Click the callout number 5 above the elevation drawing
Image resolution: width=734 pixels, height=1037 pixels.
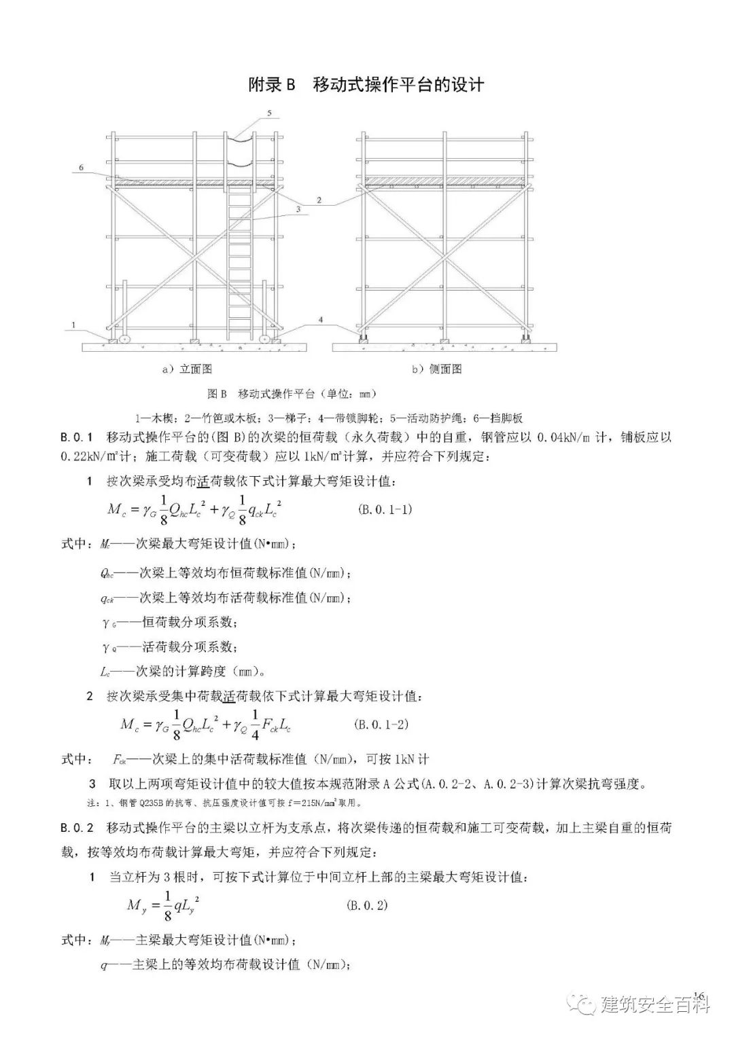[270, 112]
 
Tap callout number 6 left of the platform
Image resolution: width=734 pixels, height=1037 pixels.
[82, 167]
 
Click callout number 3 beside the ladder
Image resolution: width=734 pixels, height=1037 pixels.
[298, 210]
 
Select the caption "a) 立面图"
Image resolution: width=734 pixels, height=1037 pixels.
[187, 369]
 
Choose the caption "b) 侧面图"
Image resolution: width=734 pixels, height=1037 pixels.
[436, 369]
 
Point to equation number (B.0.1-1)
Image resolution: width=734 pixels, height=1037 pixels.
[385, 509]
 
